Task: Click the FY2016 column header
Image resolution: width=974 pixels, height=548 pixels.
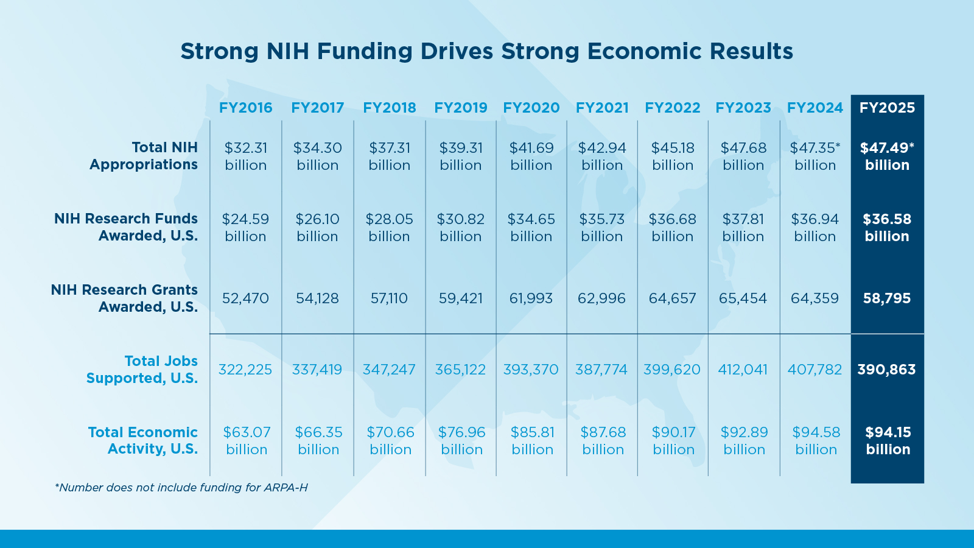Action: point(245,108)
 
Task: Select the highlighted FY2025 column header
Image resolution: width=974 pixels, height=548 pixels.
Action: point(887,108)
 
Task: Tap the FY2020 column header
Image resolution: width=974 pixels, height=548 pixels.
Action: point(531,108)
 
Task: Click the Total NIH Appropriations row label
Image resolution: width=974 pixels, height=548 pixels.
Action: point(144,156)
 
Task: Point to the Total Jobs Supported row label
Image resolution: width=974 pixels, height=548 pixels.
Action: point(142,370)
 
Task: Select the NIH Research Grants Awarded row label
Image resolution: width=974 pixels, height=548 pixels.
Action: point(125,298)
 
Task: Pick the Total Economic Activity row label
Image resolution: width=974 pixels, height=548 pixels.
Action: point(143,440)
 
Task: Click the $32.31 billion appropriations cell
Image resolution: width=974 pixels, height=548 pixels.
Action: point(245,156)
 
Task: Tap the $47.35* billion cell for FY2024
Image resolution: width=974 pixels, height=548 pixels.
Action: point(815,156)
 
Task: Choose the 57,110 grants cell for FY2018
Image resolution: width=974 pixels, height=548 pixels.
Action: point(389,298)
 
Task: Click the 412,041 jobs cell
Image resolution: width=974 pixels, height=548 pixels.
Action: point(743,370)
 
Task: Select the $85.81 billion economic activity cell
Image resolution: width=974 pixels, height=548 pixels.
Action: point(532,441)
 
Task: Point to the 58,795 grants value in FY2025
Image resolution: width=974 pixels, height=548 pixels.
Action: point(887,298)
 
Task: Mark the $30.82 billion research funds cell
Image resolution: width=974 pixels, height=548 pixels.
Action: point(460,228)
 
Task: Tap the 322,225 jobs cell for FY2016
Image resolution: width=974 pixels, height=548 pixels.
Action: point(245,370)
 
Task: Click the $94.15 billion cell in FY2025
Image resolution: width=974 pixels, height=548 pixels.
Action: point(888,441)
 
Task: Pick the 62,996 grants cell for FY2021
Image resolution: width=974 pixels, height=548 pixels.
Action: point(601,298)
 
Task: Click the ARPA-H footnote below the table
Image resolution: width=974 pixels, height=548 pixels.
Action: point(181,487)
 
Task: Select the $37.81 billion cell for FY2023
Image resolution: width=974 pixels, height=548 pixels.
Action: point(743,228)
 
